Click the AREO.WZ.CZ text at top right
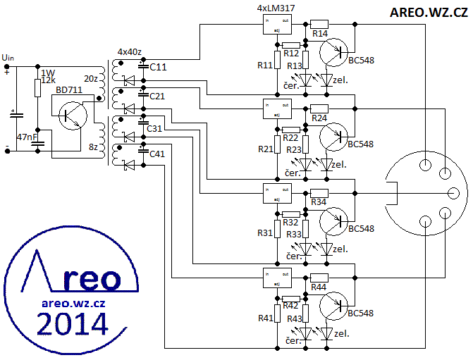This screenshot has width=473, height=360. point(428,12)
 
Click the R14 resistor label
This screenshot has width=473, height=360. point(320,34)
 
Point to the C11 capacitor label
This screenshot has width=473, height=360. point(158,67)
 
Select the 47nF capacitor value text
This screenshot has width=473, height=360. point(27,137)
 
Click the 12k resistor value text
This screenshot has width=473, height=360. point(48,80)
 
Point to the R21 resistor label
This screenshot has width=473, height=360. point(265,149)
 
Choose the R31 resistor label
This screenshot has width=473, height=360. point(265,232)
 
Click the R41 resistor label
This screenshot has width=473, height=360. point(265,318)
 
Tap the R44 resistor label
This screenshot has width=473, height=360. point(319,287)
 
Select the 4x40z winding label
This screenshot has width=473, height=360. point(130,52)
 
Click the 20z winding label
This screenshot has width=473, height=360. point(91,78)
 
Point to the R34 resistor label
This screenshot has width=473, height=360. point(319,203)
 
